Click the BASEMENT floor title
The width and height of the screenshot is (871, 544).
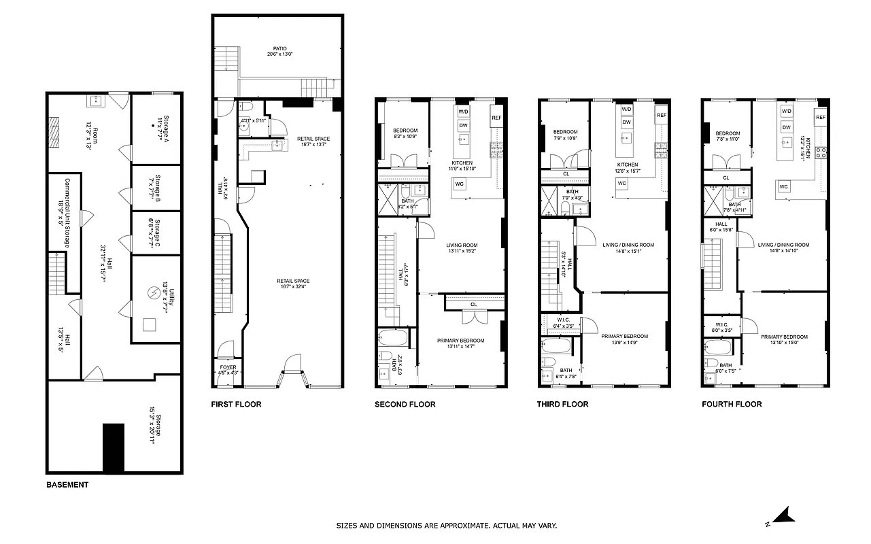67,485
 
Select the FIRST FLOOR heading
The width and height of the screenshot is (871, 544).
236,404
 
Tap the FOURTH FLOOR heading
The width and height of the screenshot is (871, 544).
732,404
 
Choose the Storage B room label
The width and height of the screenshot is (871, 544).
155,187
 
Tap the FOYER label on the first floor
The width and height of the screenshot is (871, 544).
228,367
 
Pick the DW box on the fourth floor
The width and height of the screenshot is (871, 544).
787,127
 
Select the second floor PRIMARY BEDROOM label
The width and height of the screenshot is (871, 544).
461,340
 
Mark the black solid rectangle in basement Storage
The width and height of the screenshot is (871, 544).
114,447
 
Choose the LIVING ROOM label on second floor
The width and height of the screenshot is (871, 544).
462,245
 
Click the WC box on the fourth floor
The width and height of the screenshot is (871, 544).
784,186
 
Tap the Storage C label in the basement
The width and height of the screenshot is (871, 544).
155,233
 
